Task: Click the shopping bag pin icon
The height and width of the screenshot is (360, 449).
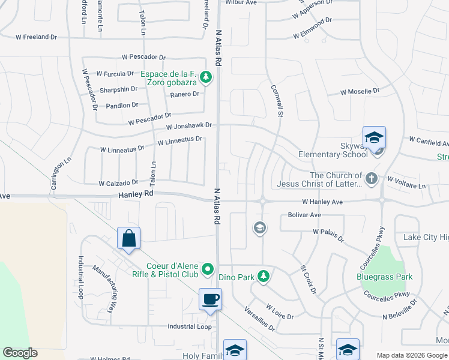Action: pyautogui.click(x=129, y=239)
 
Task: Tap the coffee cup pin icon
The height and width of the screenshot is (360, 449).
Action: pyautogui.click(x=210, y=299)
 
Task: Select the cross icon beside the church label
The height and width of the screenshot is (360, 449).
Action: pyautogui.click(x=372, y=178)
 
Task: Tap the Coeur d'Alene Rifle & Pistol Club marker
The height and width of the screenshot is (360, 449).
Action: pyautogui.click(x=208, y=269)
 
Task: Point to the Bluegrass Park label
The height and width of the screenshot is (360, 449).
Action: pyautogui.click(x=384, y=277)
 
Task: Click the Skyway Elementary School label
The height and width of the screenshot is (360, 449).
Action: pyautogui.click(x=333, y=154)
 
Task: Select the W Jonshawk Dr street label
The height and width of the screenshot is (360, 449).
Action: pyautogui.click(x=190, y=126)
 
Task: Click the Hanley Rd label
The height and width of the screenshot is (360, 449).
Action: pyautogui.click(x=136, y=194)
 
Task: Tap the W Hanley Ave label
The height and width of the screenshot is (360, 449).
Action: pyautogui.click(x=322, y=202)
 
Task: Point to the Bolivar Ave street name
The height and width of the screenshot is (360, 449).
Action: pyautogui.click(x=304, y=215)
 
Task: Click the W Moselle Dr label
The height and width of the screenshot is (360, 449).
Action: pyautogui.click(x=360, y=92)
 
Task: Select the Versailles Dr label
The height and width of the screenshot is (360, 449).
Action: pyautogui.click(x=260, y=319)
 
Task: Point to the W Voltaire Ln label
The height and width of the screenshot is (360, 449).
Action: pyautogui.click(x=406, y=182)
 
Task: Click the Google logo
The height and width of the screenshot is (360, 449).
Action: pyautogui.click(x=20, y=353)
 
